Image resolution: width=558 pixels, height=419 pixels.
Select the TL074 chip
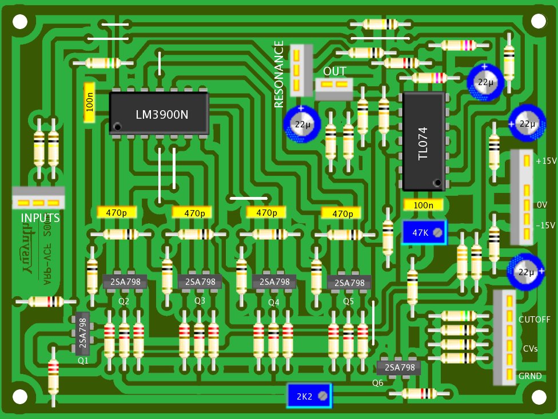[x=423, y=142]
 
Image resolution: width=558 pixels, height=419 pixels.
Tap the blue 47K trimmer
[x=424, y=233]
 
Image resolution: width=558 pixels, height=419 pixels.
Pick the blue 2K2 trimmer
[x=309, y=396]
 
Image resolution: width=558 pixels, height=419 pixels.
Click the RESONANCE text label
[x=279, y=75]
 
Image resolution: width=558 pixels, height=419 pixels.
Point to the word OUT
[x=334, y=72]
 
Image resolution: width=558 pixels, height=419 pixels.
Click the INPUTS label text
[x=40, y=218]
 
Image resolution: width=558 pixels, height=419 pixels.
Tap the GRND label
[x=531, y=376]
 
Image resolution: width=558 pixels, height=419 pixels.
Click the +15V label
[x=545, y=162]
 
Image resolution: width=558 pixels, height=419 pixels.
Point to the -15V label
[x=545, y=225]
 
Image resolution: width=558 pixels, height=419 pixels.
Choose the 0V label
[x=542, y=204]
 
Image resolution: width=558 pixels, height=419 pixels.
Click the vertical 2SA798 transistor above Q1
[x=82, y=333]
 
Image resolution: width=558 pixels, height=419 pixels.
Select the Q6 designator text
[x=378, y=382]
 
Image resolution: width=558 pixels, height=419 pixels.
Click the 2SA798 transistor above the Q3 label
[x=200, y=281]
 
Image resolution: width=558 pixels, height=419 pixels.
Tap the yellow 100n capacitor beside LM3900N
[x=89, y=102]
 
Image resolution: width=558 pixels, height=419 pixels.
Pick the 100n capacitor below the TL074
[x=424, y=205]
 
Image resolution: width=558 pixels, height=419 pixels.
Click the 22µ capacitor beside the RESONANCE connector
[x=301, y=123]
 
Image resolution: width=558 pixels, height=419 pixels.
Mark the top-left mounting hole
[x=20, y=22]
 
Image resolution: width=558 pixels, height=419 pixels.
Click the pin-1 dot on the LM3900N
[x=117, y=126]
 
